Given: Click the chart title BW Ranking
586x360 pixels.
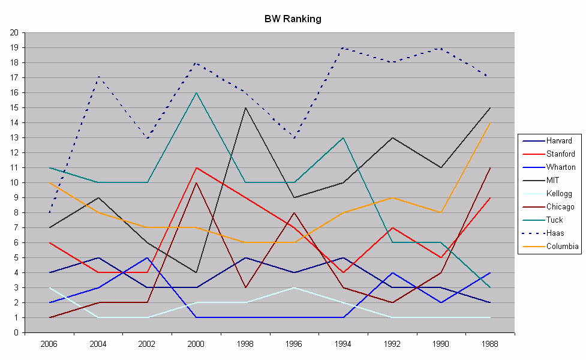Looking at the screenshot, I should [293, 19].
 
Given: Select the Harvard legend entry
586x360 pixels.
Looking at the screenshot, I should [559, 141].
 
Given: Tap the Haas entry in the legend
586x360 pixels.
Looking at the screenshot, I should [555, 232].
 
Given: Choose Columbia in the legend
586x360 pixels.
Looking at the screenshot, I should [562, 245].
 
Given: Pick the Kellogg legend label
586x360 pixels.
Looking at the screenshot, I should [558, 193].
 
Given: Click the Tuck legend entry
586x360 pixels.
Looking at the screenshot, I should [555, 220].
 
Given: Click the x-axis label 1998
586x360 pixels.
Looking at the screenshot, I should [245, 344].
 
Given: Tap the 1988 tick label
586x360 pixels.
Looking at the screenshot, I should [490, 344].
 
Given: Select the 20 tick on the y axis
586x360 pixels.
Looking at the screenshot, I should [13, 32].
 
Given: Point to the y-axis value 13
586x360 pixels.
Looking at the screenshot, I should [13, 137].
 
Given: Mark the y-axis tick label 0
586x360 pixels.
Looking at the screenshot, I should [15, 332].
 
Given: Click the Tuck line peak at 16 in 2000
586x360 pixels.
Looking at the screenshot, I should [196, 92].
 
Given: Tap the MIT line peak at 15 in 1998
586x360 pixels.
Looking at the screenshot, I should [245, 107].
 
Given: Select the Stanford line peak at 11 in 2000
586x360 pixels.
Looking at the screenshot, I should [196, 167].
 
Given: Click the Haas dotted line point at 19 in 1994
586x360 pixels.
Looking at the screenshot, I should [343, 47].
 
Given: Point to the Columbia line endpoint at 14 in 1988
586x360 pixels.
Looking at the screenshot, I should [490, 122].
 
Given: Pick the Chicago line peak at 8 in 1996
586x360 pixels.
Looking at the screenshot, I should [294, 212].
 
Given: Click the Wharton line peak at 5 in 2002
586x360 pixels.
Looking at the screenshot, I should [147, 257].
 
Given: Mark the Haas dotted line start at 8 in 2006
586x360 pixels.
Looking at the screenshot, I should [49, 212].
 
